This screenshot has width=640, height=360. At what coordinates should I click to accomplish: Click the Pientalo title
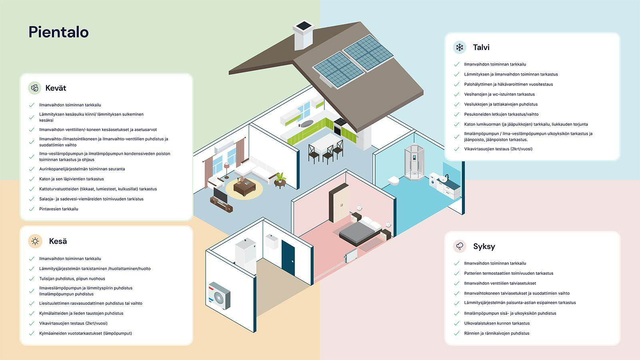click(58, 32)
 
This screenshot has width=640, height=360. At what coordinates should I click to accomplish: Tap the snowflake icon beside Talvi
click(460, 47)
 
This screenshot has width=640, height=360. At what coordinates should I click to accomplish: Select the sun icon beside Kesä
click(35, 241)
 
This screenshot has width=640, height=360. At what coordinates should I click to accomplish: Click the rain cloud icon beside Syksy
click(460, 246)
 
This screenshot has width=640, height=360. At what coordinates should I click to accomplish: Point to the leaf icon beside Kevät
click(35, 88)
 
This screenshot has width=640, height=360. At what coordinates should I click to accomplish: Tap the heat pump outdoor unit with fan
click(219, 296)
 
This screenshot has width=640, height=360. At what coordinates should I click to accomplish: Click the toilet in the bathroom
click(394, 181)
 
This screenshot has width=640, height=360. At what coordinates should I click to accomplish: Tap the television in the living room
click(219, 195)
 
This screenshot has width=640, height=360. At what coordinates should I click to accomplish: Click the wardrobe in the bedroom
click(339, 202)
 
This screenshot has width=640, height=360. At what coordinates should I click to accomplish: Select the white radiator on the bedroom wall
click(351, 256)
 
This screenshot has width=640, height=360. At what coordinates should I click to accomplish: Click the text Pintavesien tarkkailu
click(58, 209)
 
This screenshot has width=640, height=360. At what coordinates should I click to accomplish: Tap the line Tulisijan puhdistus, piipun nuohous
click(72, 279)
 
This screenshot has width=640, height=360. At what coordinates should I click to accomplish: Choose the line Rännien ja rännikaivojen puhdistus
click(496, 333)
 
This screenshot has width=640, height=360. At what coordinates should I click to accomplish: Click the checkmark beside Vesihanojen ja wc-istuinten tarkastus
click(456, 94)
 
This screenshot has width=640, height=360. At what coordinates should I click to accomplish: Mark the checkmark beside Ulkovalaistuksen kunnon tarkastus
click(456, 323)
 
